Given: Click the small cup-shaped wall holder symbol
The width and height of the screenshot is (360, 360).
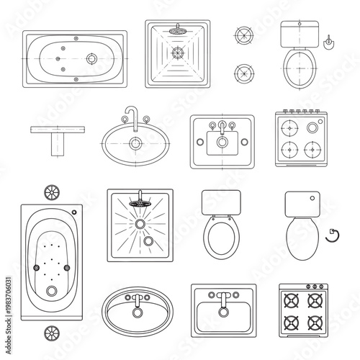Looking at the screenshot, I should [x=329, y=42].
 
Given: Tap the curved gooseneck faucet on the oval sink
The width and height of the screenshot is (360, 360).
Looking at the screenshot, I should [x=130, y=115].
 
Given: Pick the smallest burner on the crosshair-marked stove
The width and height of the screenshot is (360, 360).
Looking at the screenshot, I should [x=313, y=127].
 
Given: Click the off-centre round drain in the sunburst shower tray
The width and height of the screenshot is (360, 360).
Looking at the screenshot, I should [x=148, y=241].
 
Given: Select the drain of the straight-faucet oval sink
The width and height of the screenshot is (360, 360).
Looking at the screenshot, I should [x=135, y=315].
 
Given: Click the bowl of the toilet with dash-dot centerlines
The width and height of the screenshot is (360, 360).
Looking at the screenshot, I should [x=300, y=68].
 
